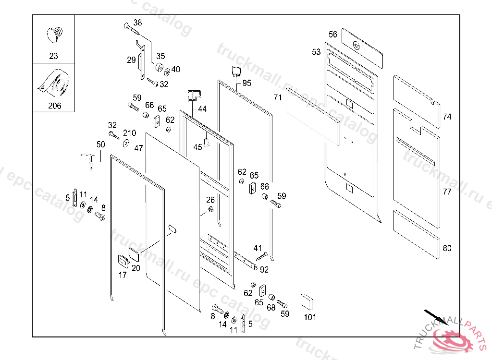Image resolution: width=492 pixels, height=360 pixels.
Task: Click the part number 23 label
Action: (53, 56)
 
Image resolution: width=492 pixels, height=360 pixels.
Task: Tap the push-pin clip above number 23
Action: (54, 35)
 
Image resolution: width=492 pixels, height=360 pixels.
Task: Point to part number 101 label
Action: (310, 317)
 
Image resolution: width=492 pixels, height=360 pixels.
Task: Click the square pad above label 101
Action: (307, 301)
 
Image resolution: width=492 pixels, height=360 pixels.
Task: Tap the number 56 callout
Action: (333, 35)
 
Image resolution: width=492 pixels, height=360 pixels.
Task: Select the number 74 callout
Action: (447, 117)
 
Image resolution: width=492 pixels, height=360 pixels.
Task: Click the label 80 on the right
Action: (447, 248)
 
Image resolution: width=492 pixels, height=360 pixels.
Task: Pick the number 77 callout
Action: (447, 192)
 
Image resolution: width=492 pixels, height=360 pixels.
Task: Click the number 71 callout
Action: (278, 97)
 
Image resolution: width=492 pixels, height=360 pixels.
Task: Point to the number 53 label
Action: (316, 52)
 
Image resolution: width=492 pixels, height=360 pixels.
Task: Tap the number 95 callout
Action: (246, 83)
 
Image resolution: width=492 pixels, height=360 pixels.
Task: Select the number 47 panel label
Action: (138, 149)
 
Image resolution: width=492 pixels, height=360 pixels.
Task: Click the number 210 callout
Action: (129, 133)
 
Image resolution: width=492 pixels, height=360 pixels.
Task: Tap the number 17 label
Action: (123, 275)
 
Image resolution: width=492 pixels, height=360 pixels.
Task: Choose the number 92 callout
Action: (264, 270)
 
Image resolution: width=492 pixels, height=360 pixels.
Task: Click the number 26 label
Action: (210, 200)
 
